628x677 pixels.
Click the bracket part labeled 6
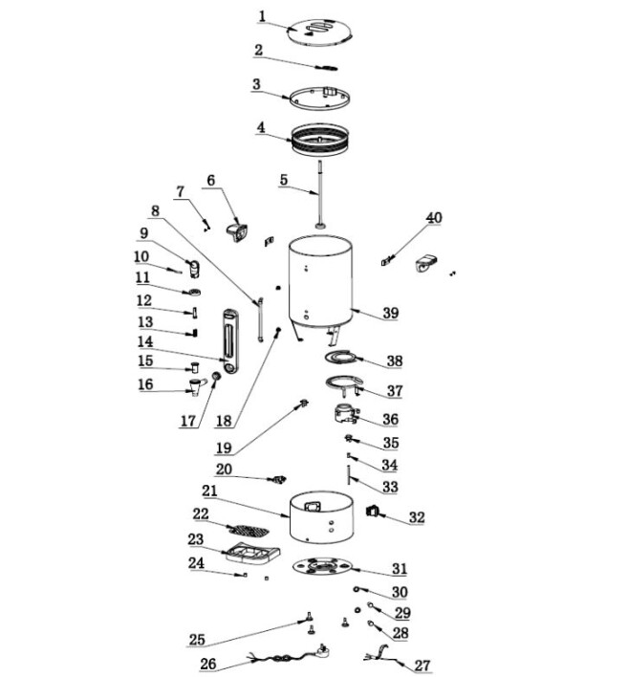tap(236, 230)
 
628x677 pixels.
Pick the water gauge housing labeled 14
tap(229, 339)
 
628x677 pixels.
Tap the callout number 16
tap(145, 384)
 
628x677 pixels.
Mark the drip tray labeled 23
tap(250, 552)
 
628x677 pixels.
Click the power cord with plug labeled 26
tap(282, 660)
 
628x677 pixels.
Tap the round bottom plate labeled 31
tap(324, 567)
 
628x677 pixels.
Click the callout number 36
tap(391, 419)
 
